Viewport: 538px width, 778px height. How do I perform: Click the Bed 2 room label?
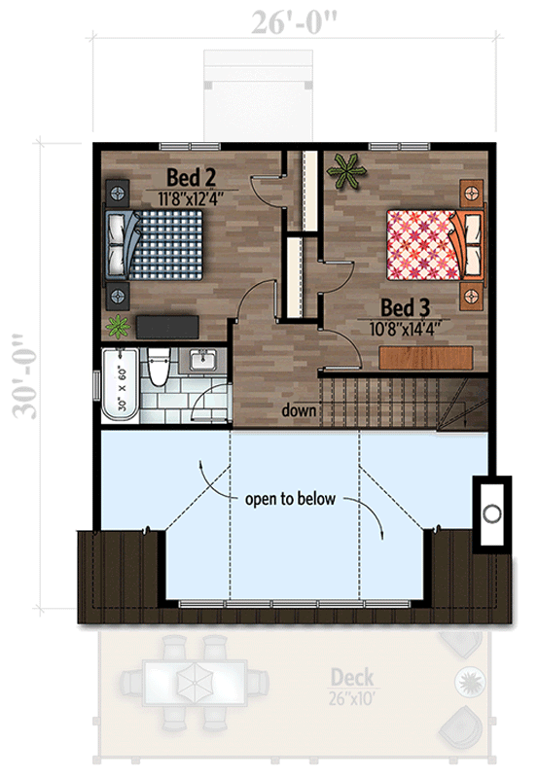[191, 177]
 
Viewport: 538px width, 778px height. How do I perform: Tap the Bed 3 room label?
[404, 307]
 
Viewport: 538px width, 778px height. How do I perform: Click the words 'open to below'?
[290, 500]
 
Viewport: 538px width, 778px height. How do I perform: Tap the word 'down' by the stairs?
[299, 410]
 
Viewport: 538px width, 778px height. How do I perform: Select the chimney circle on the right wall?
[492, 513]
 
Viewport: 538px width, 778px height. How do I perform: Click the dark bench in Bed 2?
[168, 325]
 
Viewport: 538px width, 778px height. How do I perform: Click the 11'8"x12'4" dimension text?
[192, 197]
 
